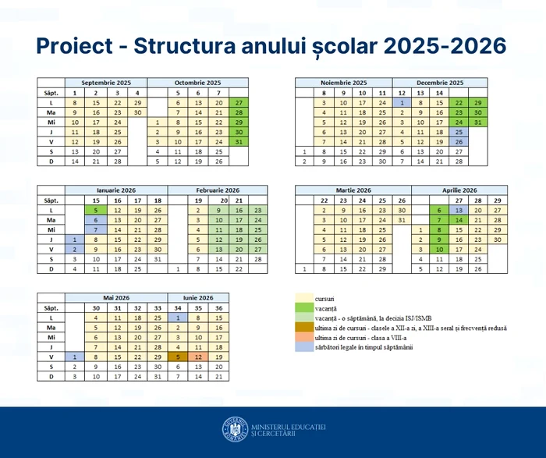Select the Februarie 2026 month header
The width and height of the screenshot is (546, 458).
tap(207, 190)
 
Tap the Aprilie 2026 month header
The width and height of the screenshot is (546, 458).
tap(458, 190)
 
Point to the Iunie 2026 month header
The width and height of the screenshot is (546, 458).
tap(198, 297)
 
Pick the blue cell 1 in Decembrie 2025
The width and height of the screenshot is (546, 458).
tap(402, 102)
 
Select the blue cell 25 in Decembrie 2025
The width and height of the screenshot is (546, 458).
tap(459, 132)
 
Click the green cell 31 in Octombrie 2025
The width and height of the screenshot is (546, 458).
tap(239, 142)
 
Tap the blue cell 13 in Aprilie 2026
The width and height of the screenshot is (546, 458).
tap(459, 210)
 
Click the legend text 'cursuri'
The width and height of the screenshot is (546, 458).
tap(324, 299)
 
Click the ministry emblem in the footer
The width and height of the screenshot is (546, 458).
tap(234, 430)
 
